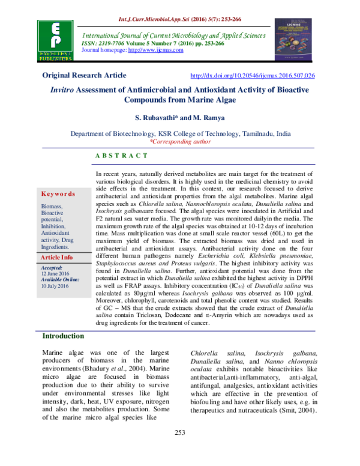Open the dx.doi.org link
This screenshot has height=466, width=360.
[252, 76]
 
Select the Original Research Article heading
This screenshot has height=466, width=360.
[84, 76]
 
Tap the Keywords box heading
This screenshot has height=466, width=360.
[58, 194]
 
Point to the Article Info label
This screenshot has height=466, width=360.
[56, 257]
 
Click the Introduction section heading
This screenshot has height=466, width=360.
[63, 336]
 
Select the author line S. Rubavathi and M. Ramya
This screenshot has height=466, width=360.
[180, 121]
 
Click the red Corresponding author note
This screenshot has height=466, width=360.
[180, 142]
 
